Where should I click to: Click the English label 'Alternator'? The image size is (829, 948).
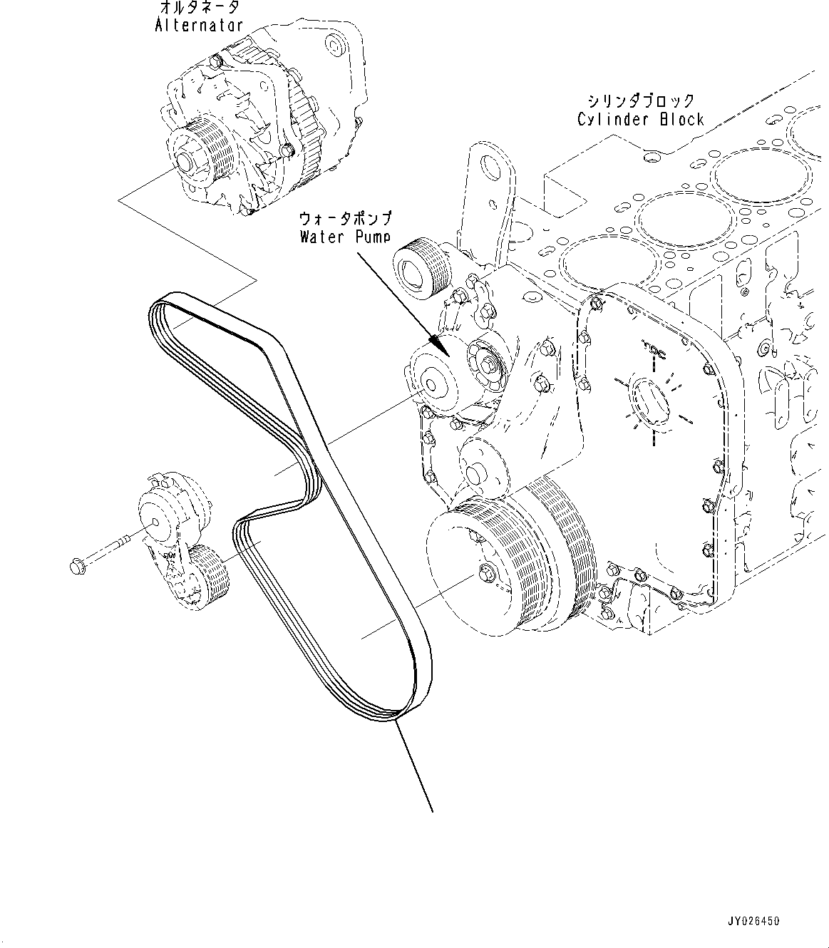[199, 26]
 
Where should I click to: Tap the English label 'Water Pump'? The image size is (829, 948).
[345, 236]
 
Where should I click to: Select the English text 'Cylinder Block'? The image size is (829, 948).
[640, 119]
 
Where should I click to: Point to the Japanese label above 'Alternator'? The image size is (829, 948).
[198, 8]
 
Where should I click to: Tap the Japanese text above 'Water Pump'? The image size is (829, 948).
[346, 217]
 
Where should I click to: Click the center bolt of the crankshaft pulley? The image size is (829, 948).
[488, 572]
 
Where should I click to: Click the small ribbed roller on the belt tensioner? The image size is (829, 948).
[205, 577]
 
